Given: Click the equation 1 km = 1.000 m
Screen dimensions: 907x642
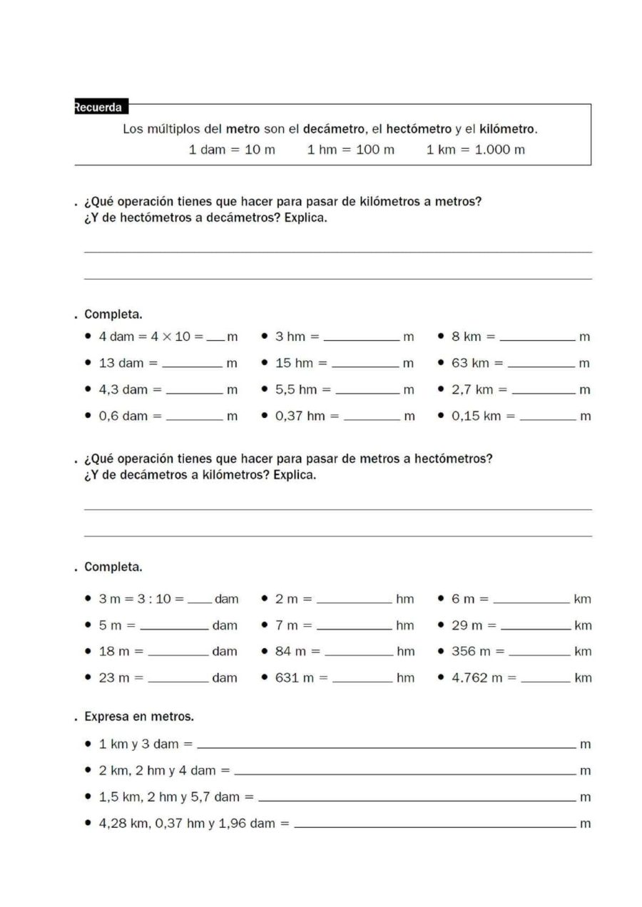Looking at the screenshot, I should point(475,150).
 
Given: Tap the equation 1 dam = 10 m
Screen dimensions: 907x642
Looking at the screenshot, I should point(232,150).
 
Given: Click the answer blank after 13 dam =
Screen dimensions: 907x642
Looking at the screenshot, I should point(193,364).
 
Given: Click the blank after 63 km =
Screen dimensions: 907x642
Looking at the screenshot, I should point(541,364).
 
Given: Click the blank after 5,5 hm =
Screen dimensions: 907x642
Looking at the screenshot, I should point(367,391).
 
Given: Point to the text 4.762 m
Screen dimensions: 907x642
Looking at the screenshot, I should point(476,677).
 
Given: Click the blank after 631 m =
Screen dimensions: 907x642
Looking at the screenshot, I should point(363,680).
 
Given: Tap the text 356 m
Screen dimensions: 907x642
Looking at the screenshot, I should point(471,651).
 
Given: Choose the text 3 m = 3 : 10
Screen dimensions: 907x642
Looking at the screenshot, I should point(141,599).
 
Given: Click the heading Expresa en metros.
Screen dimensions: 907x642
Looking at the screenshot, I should point(138,716).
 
